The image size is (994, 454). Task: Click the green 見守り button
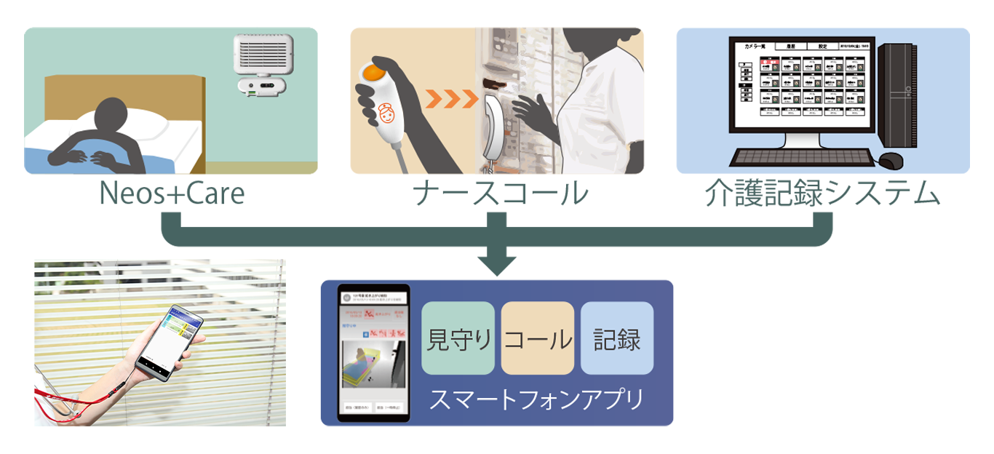coord(458,338)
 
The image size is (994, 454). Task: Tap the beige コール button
coord(538,338)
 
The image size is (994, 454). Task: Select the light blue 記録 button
coord(617,338)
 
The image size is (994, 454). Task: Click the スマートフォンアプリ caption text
coord(536,399)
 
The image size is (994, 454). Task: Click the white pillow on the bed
coord(142,124)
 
